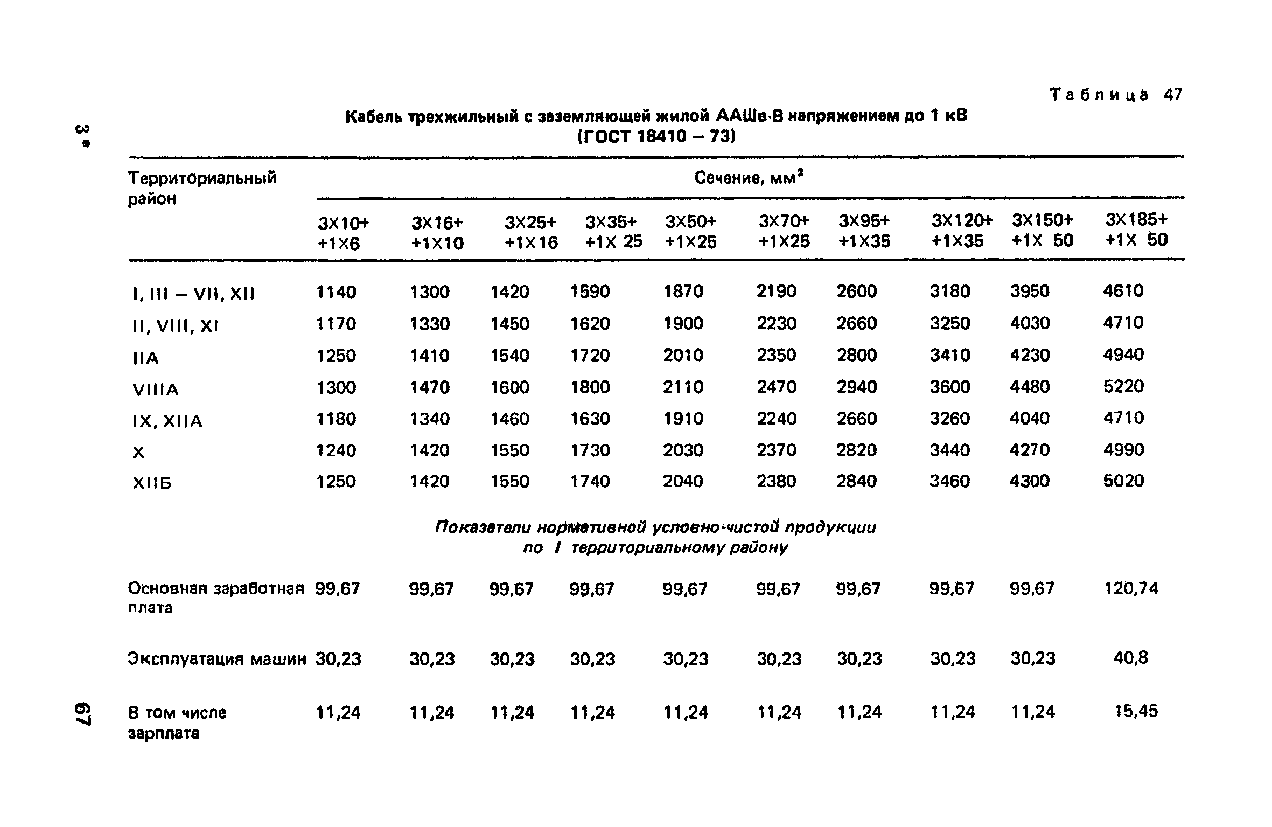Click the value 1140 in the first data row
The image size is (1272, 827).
[x=336, y=292]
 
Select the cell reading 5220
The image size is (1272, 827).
[x=1123, y=386]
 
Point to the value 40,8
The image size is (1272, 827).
[x=1131, y=657]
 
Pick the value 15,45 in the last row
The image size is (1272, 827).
[x=1136, y=711]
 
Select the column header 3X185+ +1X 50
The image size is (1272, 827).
[x=1136, y=230]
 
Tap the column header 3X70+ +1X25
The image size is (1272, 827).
[x=784, y=231]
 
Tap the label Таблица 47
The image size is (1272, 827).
[x=1116, y=95]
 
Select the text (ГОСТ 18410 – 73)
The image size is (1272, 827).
[x=656, y=136]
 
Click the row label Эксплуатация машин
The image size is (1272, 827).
[x=217, y=659]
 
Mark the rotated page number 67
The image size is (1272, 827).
[x=83, y=714]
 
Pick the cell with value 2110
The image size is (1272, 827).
[x=683, y=387]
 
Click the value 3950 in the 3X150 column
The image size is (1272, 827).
[x=1030, y=291]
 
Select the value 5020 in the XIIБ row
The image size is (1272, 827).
[x=1123, y=481]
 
